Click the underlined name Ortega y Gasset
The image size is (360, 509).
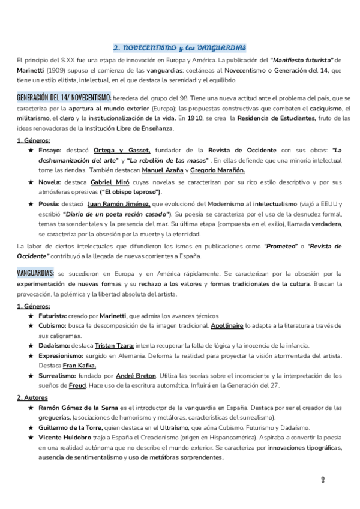128,149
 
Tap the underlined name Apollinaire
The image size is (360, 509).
227,326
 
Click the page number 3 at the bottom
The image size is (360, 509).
323,480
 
